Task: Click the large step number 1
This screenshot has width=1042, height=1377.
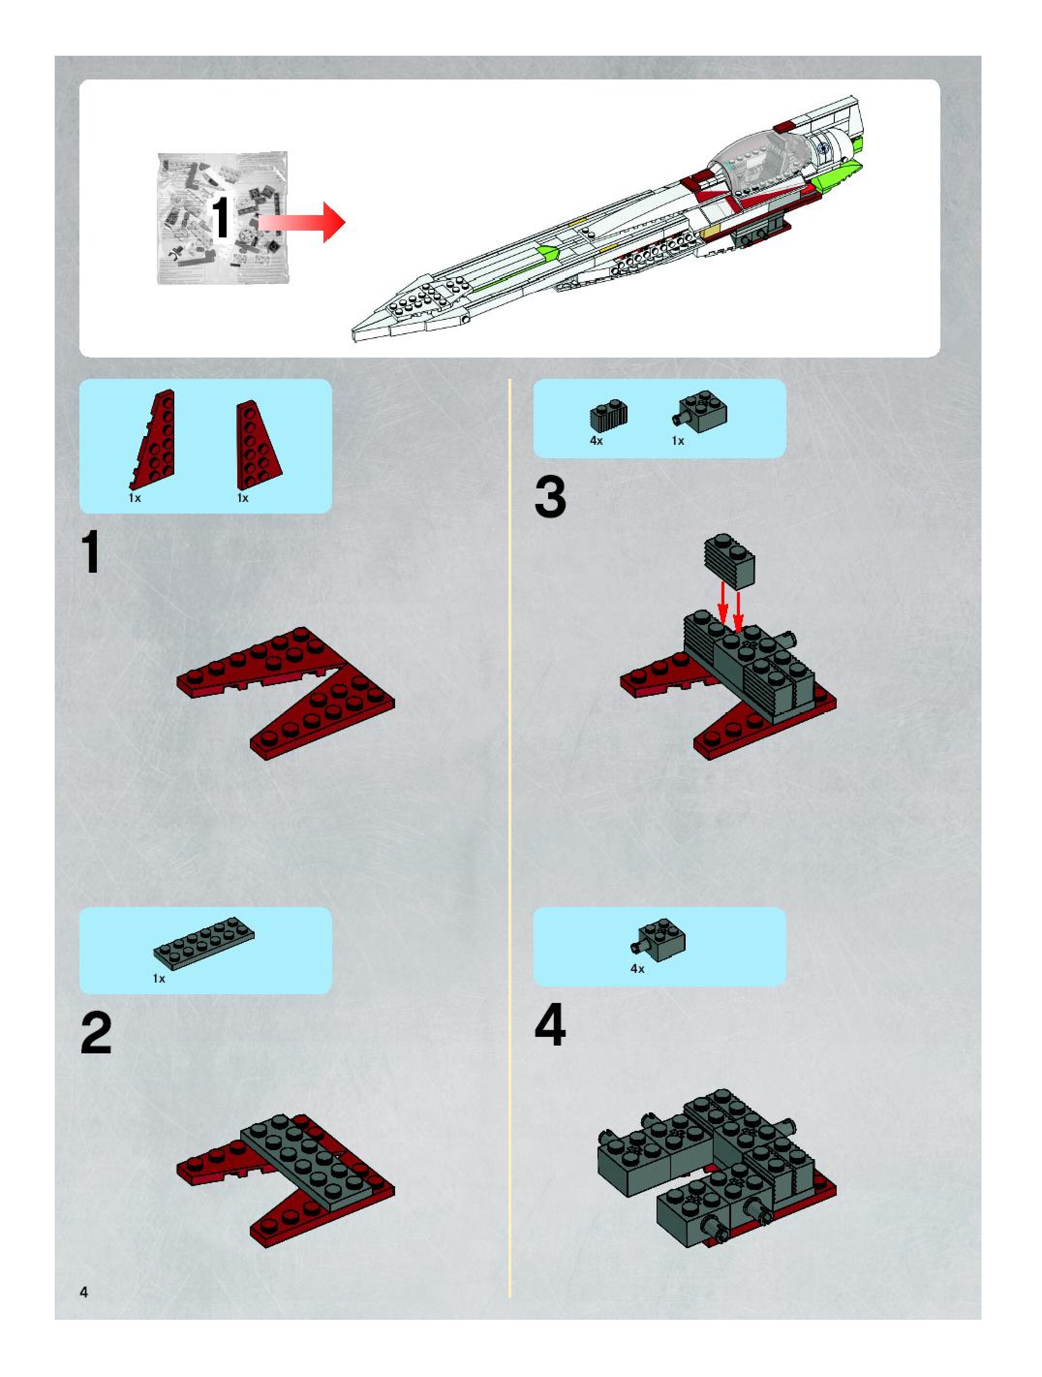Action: point(92,552)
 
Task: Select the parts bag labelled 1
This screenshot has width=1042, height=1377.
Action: point(222,218)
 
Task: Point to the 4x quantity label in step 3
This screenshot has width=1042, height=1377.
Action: point(596,441)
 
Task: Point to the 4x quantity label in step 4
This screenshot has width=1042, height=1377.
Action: point(637,969)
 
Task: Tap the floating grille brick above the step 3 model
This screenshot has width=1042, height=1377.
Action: point(729,560)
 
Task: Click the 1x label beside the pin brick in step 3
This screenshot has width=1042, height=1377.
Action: point(677,441)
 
